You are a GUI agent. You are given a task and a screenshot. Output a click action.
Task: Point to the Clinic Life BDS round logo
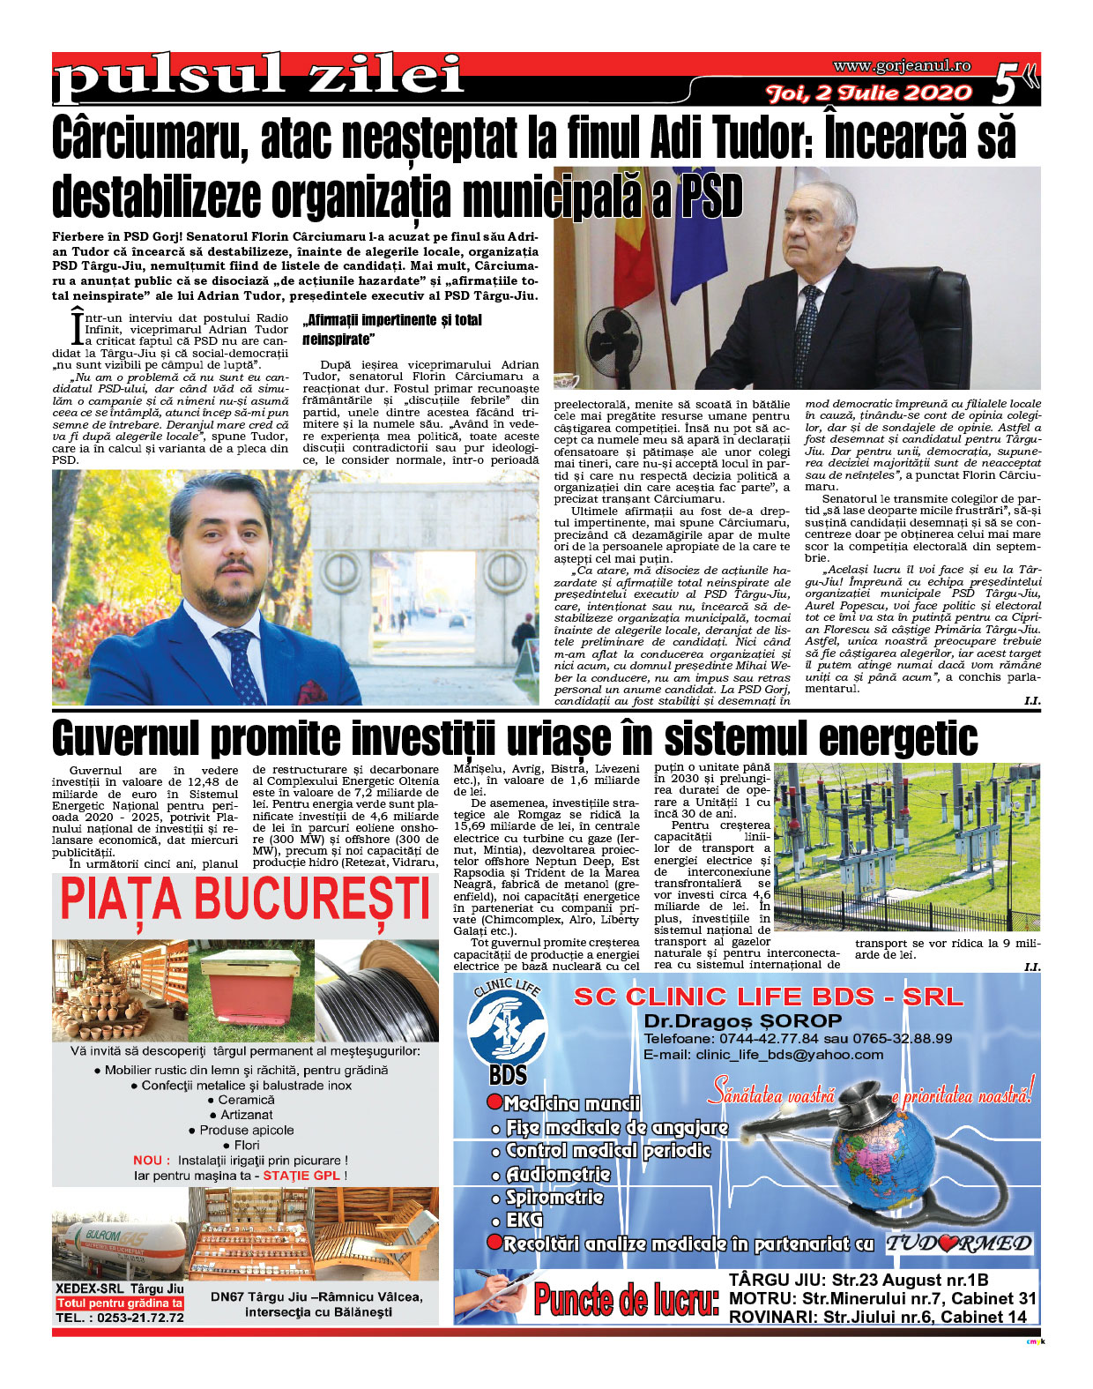click(507, 1023)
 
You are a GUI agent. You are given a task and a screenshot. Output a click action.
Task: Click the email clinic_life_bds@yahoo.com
click(763, 1055)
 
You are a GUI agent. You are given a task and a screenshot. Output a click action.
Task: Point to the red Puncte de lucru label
click(626, 1299)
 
